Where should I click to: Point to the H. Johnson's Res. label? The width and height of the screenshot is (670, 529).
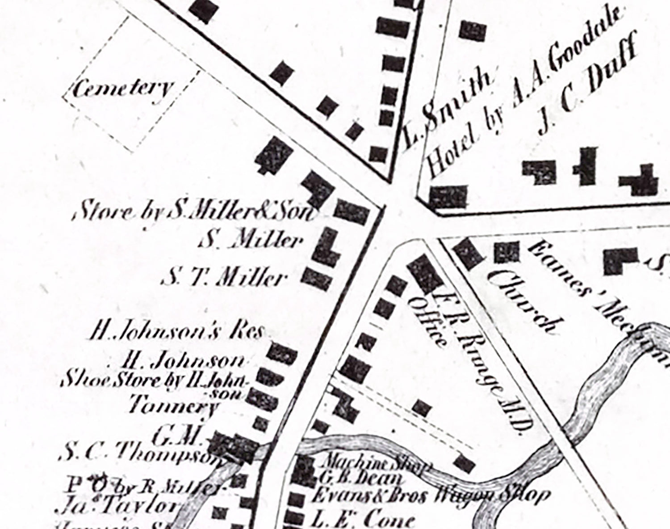point(177,332)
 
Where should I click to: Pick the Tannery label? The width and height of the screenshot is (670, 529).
point(173,407)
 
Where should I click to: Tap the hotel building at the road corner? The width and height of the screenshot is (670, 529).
point(448,197)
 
